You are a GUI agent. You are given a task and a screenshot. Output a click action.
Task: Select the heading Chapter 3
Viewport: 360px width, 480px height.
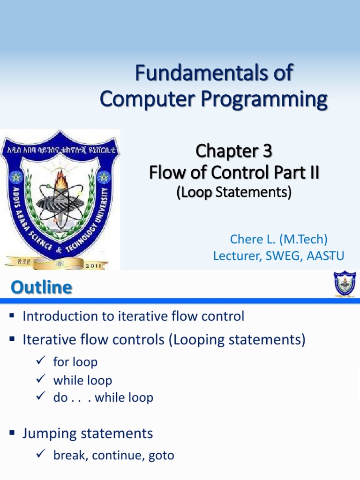click(233, 151)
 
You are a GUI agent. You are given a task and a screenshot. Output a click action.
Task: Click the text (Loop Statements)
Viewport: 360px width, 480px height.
click(233, 192)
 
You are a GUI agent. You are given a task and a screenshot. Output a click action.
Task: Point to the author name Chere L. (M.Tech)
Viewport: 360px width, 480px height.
click(278, 239)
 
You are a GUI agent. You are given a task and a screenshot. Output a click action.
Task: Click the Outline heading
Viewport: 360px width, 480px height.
click(42, 287)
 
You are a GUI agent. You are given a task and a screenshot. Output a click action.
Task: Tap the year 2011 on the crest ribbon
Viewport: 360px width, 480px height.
click(97, 264)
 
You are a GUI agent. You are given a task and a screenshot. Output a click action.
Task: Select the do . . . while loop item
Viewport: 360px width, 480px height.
click(103, 397)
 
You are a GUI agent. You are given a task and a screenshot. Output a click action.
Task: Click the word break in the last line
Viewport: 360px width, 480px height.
click(70, 455)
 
